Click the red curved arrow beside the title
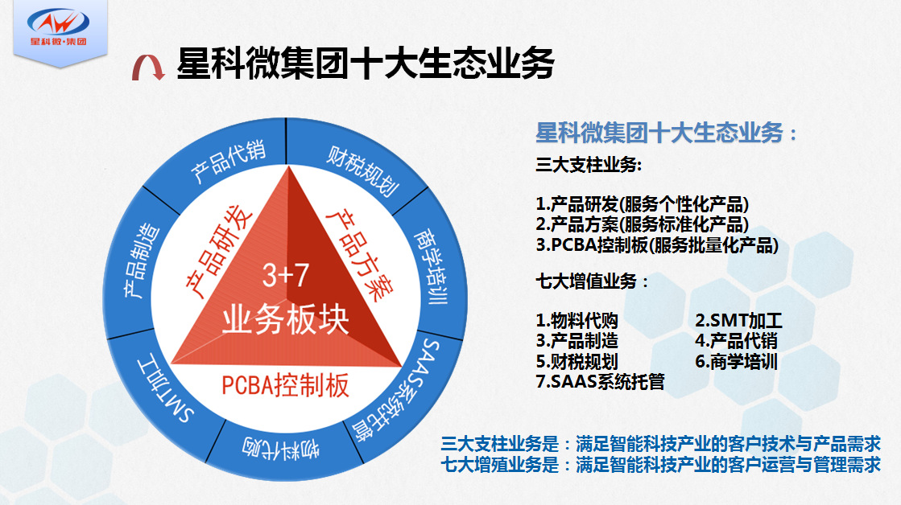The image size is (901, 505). pyautogui.click(x=148, y=68)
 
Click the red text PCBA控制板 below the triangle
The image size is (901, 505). pyautogui.click(x=286, y=384)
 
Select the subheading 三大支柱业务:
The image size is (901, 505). pyautogui.click(x=589, y=165)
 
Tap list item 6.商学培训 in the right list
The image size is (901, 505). pyautogui.click(x=736, y=361)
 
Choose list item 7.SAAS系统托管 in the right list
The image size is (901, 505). pyautogui.click(x=600, y=382)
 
